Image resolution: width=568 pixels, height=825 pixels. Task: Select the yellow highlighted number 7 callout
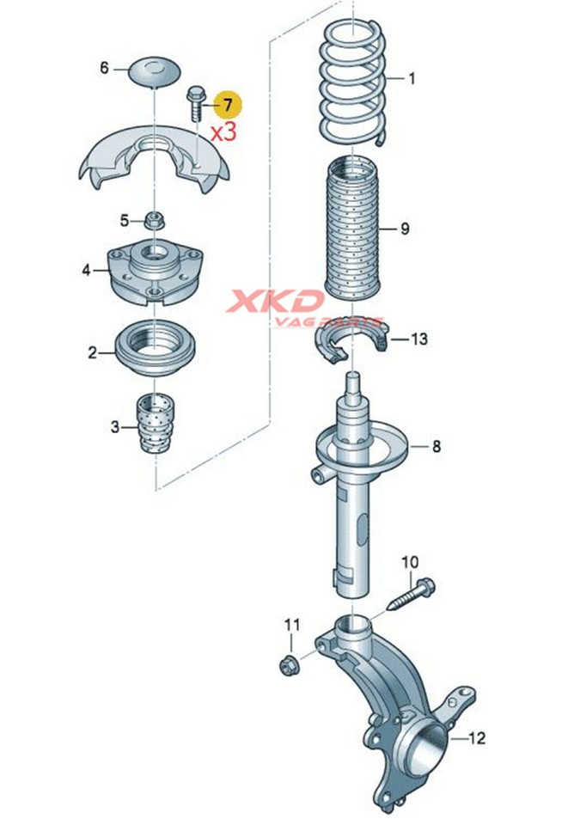coord(228,105)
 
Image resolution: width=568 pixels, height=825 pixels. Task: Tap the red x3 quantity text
coord(223,131)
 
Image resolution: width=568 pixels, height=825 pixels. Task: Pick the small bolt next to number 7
coord(192,102)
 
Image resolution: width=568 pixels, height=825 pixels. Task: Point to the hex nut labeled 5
coord(154,220)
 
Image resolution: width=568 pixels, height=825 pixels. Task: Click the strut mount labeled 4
coord(155,271)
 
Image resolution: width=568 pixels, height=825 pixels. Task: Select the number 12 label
coord(475,737)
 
